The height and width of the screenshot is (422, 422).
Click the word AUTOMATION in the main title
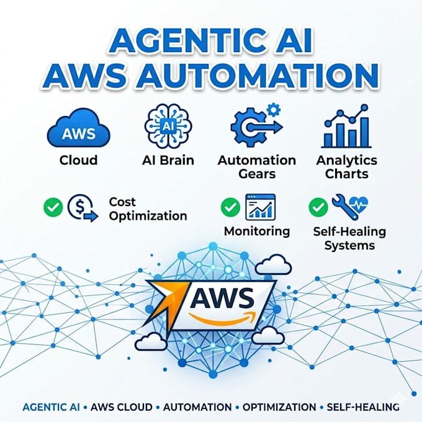click(258, 75)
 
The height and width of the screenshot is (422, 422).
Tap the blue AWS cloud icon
click(79, 128)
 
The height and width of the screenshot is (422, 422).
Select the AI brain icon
click(168, 126)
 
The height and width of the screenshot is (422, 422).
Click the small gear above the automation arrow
click(274, 110)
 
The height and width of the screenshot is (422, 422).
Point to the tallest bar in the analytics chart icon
click(364, 132)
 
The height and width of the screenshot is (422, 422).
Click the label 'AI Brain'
click(168, 160)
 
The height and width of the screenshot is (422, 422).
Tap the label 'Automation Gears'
click(257, 167)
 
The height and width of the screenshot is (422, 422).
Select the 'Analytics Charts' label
click(347, 167)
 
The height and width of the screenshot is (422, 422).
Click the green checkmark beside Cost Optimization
click(53, 207)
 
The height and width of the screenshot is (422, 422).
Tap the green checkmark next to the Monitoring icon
click(230, 207)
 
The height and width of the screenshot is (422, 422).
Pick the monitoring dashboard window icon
click(261, 207)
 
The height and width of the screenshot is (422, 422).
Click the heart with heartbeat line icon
click(358, 204)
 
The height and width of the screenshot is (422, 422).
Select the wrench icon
click(345, 207)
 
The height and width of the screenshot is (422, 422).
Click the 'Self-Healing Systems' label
click(349, 238)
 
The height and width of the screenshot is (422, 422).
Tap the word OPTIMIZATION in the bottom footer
click(279, 407)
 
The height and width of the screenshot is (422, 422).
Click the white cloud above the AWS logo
click(273, 264)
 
